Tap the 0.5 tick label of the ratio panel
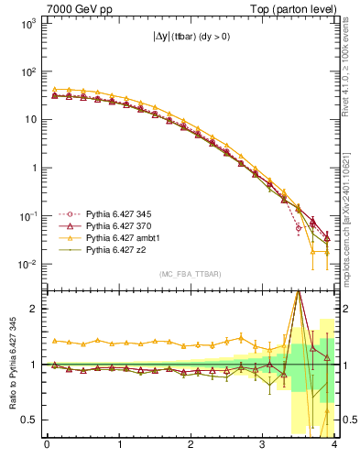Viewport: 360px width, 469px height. point(29,420)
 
